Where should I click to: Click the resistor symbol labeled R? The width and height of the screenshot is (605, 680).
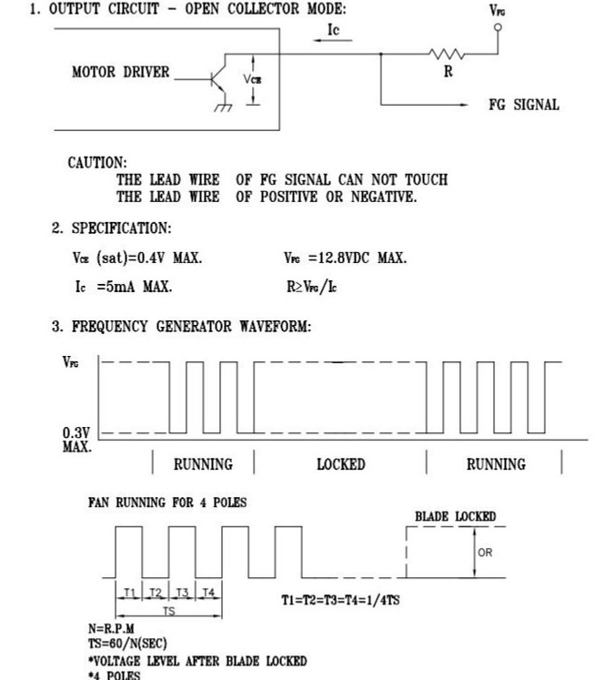pos(446,55)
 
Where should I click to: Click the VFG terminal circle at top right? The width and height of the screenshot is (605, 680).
pos(498,27)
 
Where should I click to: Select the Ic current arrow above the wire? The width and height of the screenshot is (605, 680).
pos(332,40)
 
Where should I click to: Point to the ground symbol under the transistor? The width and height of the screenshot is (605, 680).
pos(223,107)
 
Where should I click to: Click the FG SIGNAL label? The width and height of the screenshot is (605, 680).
pos(523,105)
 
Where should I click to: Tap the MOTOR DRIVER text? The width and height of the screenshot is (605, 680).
pos(120,72)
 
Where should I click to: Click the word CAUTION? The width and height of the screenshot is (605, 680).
pos(97,163)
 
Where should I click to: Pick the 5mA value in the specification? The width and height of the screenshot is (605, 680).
pos(120,287)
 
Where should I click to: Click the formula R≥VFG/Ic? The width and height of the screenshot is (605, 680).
pos(311,287)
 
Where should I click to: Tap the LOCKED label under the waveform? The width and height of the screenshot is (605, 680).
pos(340,464)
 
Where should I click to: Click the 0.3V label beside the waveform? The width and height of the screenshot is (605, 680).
pos(76,432)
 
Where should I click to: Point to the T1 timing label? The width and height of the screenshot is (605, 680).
pos(129,593)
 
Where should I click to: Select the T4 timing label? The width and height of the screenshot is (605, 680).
pos(208,593)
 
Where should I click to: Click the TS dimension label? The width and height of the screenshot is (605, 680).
pos(168,611)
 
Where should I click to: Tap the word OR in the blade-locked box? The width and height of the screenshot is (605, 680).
pos(485,553)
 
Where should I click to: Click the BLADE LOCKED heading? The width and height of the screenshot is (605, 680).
pos(456,516)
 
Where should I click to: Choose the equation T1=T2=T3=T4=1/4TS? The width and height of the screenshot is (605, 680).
pos(340,600)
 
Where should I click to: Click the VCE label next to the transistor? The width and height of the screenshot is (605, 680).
pos(252,79)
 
